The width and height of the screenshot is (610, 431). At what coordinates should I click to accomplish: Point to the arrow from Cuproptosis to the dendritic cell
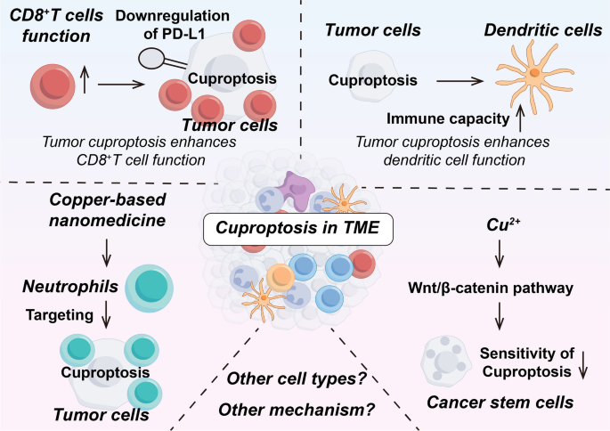coord(452,80)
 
